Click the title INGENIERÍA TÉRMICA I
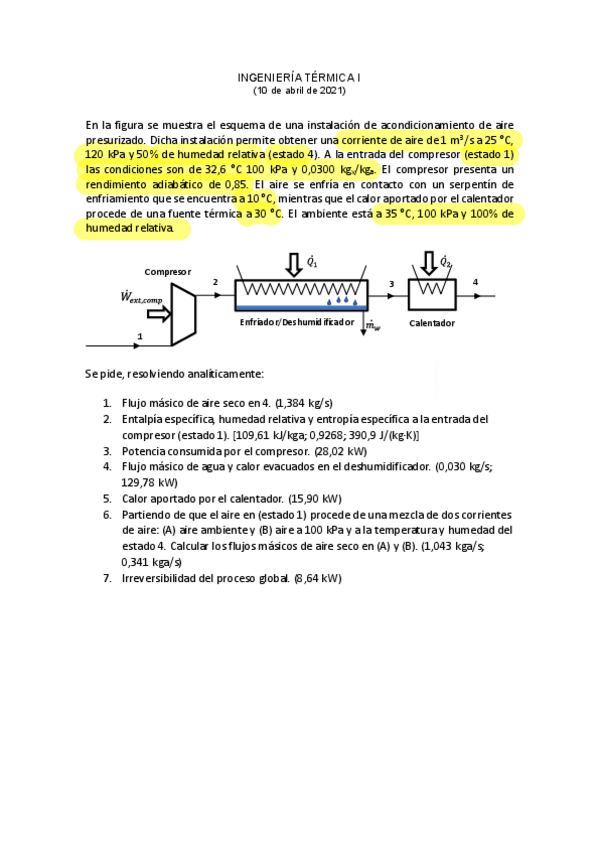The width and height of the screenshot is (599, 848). pyautogui.click(x=299, y=77)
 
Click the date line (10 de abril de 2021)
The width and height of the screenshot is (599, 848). pyautogui.click(x=299, y=90)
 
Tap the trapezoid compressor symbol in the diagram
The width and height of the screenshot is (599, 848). pyautogui.click(x=183, y=312)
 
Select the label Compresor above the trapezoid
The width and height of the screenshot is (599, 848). pyautogui.click(x=167, y=271)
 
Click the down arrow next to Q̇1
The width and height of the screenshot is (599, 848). pyautogui.click(x=293, y=264)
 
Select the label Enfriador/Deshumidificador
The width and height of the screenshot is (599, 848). pyautogui.click(x=297, y=323)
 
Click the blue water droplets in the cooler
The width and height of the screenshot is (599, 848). pyautogui.click(x=342, y=299)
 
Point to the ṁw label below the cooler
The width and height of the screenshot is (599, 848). pyautogui.click(x=372, y=325)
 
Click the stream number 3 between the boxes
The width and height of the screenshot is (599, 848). pyautogui.click(x=391, y=284)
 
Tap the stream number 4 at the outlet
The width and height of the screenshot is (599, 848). pyautogui.click(x=475, y=283)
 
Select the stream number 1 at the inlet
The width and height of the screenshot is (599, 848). pyautogui.click(x=140, y=336)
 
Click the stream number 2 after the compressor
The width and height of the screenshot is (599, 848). pyautogui.click(x=214, y=283)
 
